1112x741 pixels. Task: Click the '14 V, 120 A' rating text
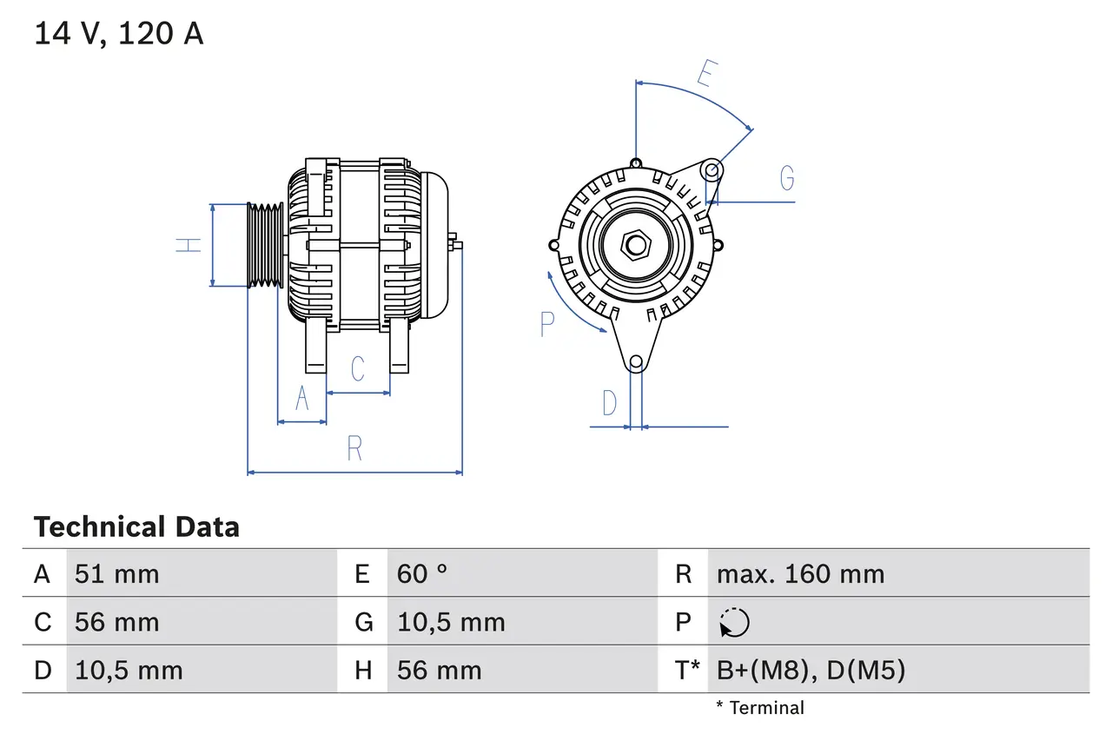tap(119, 34)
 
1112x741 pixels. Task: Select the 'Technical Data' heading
tap(136, 526)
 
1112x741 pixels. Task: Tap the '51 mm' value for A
tap(116, 573)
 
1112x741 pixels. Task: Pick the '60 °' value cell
tap(422, 573)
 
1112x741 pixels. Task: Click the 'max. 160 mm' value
tap(800, 573)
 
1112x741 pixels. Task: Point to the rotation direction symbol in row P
tap(734, 622)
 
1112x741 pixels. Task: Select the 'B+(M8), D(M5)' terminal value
tap(811, 670)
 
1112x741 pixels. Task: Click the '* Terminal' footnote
tap(760, 708)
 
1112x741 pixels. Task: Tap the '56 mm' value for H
tap(439, 670)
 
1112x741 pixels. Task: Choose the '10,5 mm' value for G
tap(451, 622)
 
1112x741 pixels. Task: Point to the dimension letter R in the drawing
tap(354, 449)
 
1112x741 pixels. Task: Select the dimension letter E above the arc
tap(705, 75)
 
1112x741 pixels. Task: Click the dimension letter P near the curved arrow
tap(546, 324)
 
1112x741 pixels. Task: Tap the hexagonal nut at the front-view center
tap(636, 245)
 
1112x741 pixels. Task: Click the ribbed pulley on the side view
tap(265, 245)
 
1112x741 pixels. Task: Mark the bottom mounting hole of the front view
tap(636, 361)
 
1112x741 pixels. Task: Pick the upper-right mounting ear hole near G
tap(712, 169)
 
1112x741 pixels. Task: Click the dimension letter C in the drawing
tap(358, 369)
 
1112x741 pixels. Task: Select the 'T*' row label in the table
tap(688, 670)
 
